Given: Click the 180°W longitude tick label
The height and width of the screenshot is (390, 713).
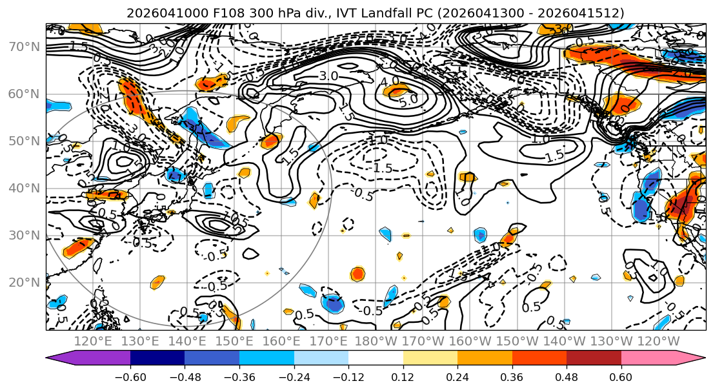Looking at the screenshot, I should click(376, 341).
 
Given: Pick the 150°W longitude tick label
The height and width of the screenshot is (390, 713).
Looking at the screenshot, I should click(517, 341).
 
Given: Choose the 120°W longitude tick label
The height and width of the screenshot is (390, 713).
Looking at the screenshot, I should click(658, 341).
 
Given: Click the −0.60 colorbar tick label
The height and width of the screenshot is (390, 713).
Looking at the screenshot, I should click(130, 376).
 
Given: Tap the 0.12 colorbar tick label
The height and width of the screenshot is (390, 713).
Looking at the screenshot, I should click(403, 376).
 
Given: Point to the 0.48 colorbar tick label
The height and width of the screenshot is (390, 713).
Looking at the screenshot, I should click(567, 376).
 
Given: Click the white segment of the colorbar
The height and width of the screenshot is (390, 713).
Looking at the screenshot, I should click(376, 358).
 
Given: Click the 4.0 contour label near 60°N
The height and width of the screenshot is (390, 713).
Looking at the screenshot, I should click(389, 83).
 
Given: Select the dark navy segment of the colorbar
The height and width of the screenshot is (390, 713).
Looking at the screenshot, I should click(157, 358).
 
